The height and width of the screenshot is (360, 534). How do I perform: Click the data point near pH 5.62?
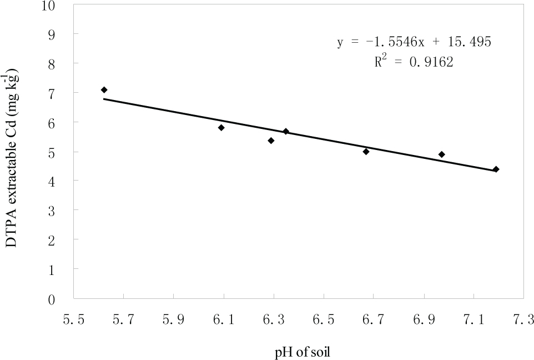(104, 89)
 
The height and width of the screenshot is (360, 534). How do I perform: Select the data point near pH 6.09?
(221, 127)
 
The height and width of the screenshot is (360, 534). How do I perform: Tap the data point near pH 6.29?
(271, 141)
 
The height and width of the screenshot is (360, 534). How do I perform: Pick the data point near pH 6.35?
(286, 131)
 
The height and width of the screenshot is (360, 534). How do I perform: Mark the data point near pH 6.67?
(366, 151)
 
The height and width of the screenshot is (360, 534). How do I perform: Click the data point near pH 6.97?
(441, 154)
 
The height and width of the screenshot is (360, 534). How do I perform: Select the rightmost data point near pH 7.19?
(496, 169)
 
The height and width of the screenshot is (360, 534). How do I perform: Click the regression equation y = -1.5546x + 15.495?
(414, 42)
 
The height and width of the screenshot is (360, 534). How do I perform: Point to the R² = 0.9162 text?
(414, 62)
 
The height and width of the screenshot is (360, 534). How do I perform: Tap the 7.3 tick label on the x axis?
(523, 320)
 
